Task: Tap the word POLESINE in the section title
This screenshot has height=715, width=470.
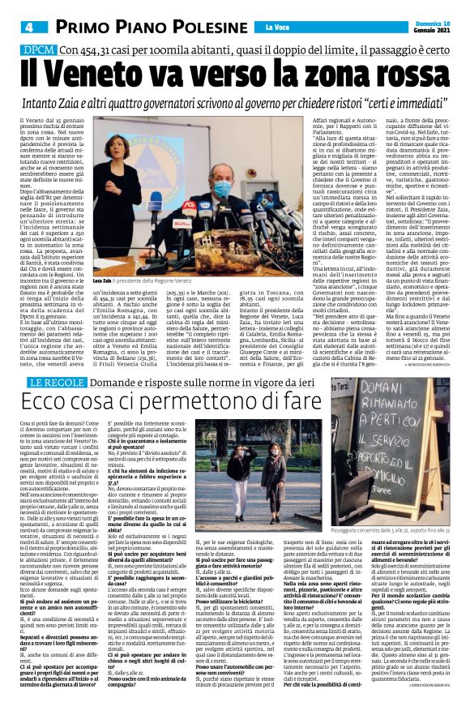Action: pyautogui.click(x=182, y=27)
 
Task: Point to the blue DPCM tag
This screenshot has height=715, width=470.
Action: pyautogui.click(x=40, y=50)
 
